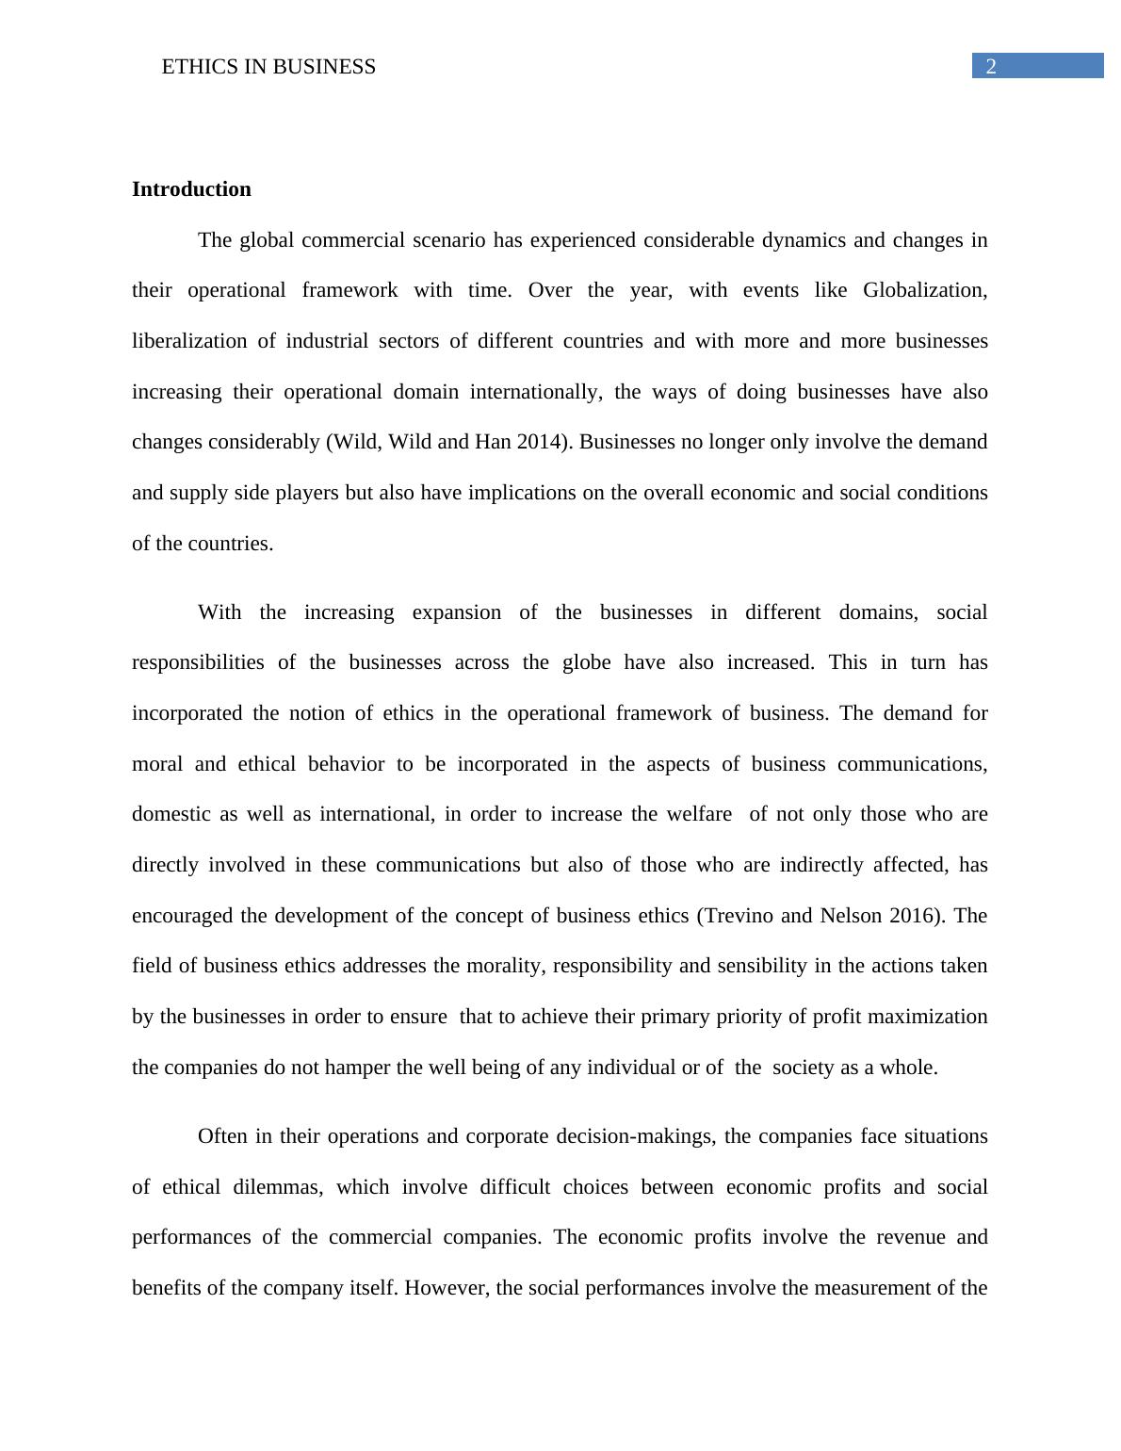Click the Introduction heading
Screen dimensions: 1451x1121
coord(191,189)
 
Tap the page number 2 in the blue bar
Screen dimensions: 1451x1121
coord(991,67)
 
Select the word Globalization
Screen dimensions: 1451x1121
coord(925,290)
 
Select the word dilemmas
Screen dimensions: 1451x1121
coord(278,1187)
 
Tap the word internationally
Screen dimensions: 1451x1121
coord(536,392)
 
